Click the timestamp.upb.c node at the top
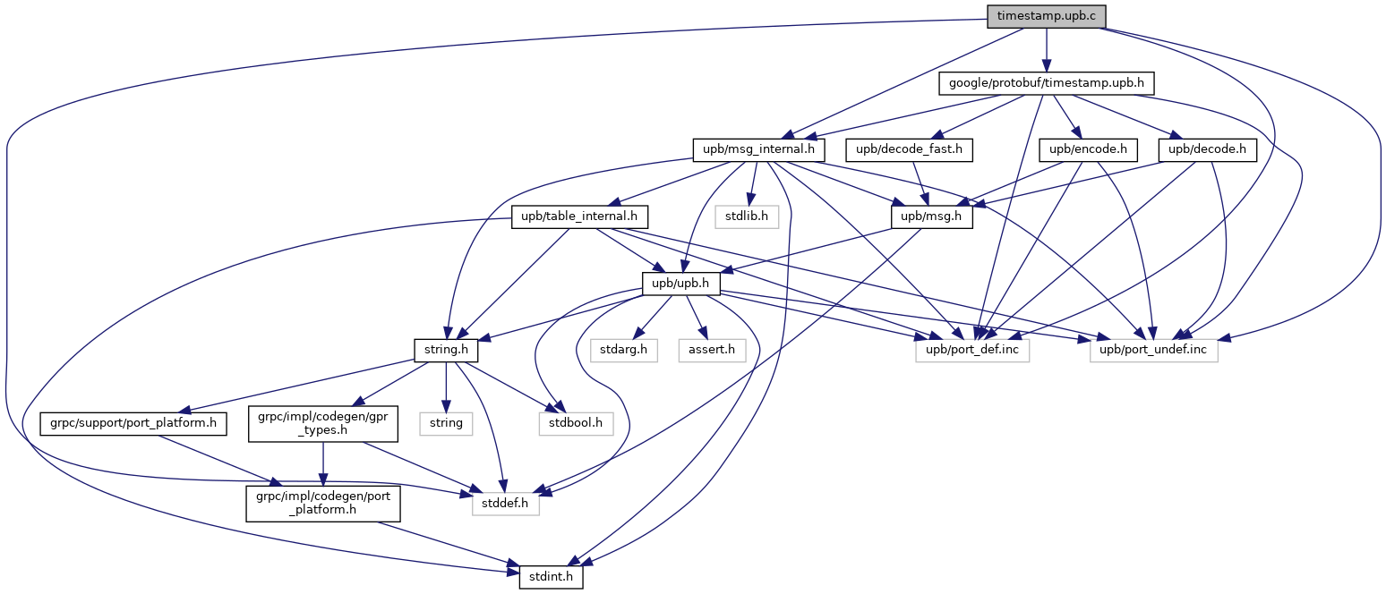coord(1046,16)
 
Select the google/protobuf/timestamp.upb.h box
coord(1046,83)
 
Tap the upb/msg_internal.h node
coord(758,149)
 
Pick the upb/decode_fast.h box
coord(909,149)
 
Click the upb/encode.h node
coord(1089,149)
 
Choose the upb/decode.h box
coord(1208,149)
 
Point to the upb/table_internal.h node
coord(579,216)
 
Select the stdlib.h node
coord(747,216)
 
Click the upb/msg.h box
coord(931,216)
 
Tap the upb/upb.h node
coord(681,284)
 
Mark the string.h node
coord(446,351)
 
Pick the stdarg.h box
coord(624,351)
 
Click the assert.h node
coord(712,351)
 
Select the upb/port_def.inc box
coord(972,351)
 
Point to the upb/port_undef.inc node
coord(1153,351)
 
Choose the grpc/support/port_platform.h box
coord(133,424)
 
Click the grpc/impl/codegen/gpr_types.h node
coord(323,423)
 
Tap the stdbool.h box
coord(576,424)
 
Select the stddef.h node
coord(506,504)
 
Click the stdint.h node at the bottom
coord(551,577)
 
